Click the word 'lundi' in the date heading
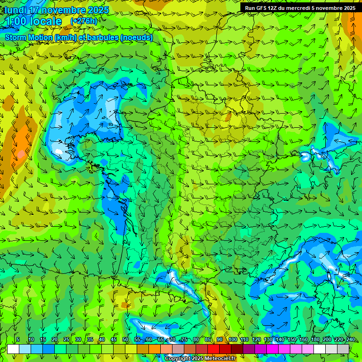(x=15, y=10)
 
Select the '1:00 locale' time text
(x=33, y=21)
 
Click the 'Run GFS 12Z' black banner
(x=300, y=8)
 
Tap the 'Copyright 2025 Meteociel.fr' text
(x=200, y=359)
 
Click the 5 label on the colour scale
(x=18, y=339)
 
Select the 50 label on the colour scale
(x=125, y=339)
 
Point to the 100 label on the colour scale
(x=232, y=339)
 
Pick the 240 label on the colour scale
(x=351, y=339)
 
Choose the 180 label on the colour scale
(x=315, y=339)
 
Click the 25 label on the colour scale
(x=66, y=339)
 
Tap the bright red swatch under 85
(x=214, y=349)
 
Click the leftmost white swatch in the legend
(x=13, y=349)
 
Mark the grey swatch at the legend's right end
(x=343, y=349)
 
